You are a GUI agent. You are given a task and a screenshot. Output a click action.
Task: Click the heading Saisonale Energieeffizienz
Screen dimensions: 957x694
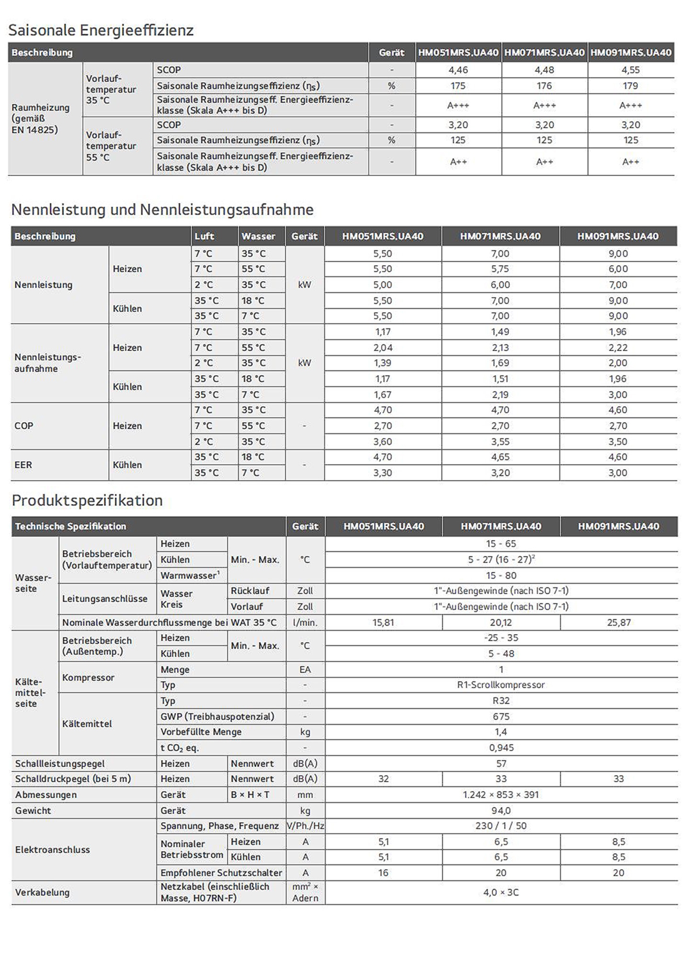(x=101, y=30)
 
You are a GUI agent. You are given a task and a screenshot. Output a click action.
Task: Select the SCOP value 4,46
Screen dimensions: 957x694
(x=458, y=70)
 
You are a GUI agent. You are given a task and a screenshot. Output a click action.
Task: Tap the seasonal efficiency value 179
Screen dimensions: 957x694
(x=630, y=86)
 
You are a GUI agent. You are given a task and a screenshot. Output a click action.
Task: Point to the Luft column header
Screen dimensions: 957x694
(x=204, y=236)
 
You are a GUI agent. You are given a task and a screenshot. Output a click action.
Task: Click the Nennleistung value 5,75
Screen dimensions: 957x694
(x=500, y=269)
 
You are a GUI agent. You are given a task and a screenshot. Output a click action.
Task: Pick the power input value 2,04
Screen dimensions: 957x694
(x=382, y=347)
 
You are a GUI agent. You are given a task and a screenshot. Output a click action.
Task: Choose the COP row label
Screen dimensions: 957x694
(x=24, y=426)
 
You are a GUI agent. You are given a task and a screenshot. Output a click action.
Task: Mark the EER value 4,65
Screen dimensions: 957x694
(x=500, y=457)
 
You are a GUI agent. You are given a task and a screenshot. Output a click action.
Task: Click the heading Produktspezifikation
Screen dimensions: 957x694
(x=87, y=501)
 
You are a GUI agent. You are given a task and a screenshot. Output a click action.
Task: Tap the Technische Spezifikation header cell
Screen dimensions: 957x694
(x=70, y=526)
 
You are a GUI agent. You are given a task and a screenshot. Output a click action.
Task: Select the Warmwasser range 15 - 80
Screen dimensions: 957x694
(x=501, y=575)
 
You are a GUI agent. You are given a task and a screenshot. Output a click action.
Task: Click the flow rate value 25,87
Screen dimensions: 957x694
(x=618, y=623)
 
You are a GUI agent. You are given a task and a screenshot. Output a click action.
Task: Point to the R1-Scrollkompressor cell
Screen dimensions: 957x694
(x=501, y=685)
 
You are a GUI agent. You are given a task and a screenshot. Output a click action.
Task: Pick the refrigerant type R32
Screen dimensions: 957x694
(x=501, y=701)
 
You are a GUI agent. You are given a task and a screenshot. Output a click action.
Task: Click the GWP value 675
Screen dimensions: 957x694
(x=501, y=716)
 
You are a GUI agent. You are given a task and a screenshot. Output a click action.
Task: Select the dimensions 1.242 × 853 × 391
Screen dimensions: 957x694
(x=501, y=795)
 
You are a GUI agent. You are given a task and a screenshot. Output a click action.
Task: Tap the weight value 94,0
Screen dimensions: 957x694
(x=501, y=811)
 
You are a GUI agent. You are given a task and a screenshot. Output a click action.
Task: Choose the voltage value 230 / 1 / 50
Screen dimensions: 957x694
(x=501, y=826)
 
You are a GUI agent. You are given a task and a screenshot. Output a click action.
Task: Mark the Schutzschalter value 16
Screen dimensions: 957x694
(x=383, y=873)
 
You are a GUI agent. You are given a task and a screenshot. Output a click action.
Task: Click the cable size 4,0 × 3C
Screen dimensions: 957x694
(x=501, y=892)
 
